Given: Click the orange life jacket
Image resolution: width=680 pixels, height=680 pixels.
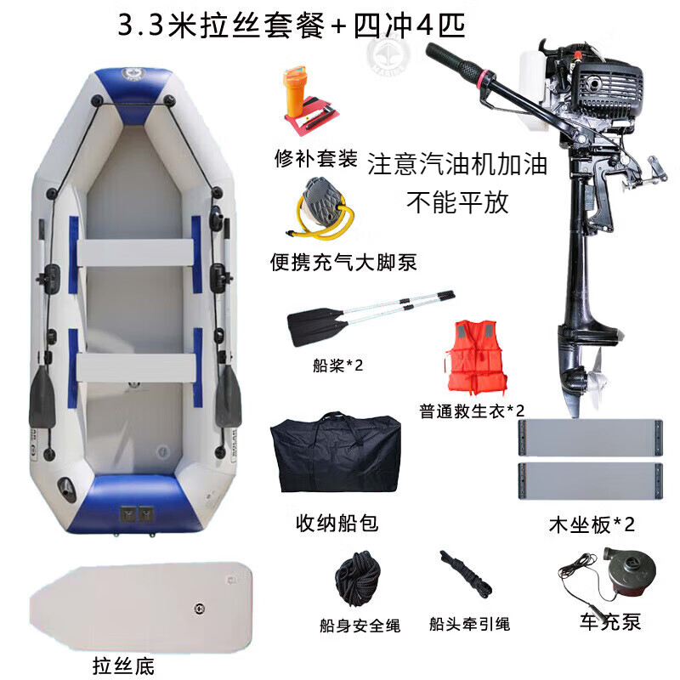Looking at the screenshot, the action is pos(475,357).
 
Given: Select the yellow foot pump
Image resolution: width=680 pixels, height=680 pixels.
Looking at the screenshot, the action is pos(321,209).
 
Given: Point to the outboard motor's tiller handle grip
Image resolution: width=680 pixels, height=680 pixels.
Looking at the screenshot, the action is pos(451,60).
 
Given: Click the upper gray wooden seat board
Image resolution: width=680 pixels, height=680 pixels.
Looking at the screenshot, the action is pos(591,438).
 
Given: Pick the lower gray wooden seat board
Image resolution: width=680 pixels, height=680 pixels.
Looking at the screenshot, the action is pos(591,481).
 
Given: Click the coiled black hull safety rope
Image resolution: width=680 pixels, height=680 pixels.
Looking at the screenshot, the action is pos(357,577).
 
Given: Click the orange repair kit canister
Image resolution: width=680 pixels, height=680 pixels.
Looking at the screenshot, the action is pos(295,91).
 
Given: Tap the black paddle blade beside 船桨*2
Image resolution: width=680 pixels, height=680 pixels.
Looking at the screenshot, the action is pos(316,326).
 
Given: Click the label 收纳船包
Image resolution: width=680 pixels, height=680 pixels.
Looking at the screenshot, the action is pos(337,523).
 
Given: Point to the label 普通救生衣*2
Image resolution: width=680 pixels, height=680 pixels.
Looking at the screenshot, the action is pos(472,411).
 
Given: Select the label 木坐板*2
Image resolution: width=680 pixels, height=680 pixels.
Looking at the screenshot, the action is pos(592,524).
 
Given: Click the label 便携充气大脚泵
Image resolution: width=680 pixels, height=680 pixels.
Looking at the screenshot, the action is pos(343,262).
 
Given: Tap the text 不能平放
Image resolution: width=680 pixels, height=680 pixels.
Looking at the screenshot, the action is pos(457,202).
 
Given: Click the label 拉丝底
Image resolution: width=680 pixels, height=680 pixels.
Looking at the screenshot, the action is pos(123,666).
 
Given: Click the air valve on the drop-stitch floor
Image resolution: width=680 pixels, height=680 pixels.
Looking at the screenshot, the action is pos(199,609).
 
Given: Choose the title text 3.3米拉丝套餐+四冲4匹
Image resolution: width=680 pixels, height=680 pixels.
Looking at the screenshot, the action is pos(292,25).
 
